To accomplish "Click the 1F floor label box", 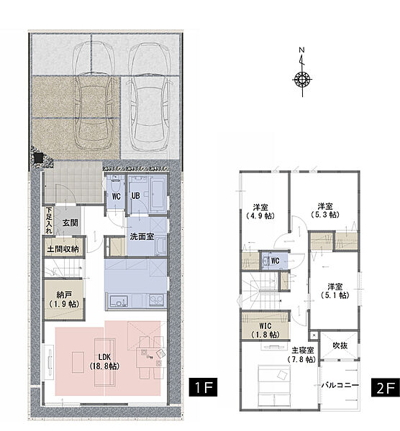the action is [x=203, y=387].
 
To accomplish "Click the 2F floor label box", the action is [x=386, y=388].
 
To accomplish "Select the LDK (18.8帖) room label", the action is [x=104, y=361].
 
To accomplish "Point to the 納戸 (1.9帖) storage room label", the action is [x=64, y=300].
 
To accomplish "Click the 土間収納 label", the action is [x=63, y=249].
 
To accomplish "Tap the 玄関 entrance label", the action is [x=71, y=223].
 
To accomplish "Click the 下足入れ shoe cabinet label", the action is [x=49, y=221].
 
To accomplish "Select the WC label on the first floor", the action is [x=117, y=197].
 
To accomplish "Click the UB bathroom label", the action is [x=136, y=195].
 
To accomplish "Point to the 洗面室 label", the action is [x=142, y=236].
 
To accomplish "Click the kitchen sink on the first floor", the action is [x=119, y=301].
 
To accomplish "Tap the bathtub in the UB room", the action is [x=158, y=193].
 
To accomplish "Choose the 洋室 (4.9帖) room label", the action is [x=260, y=211].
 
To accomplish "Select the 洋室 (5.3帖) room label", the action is [x=325, y=210].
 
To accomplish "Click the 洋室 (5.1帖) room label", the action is [x=335, y=291].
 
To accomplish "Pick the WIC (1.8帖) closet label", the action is [x=265, y=330].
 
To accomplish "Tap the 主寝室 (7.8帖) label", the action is [x=302, y=355].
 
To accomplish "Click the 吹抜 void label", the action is [x=340, y=346].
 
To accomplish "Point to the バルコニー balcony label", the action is [x=340, y=385].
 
